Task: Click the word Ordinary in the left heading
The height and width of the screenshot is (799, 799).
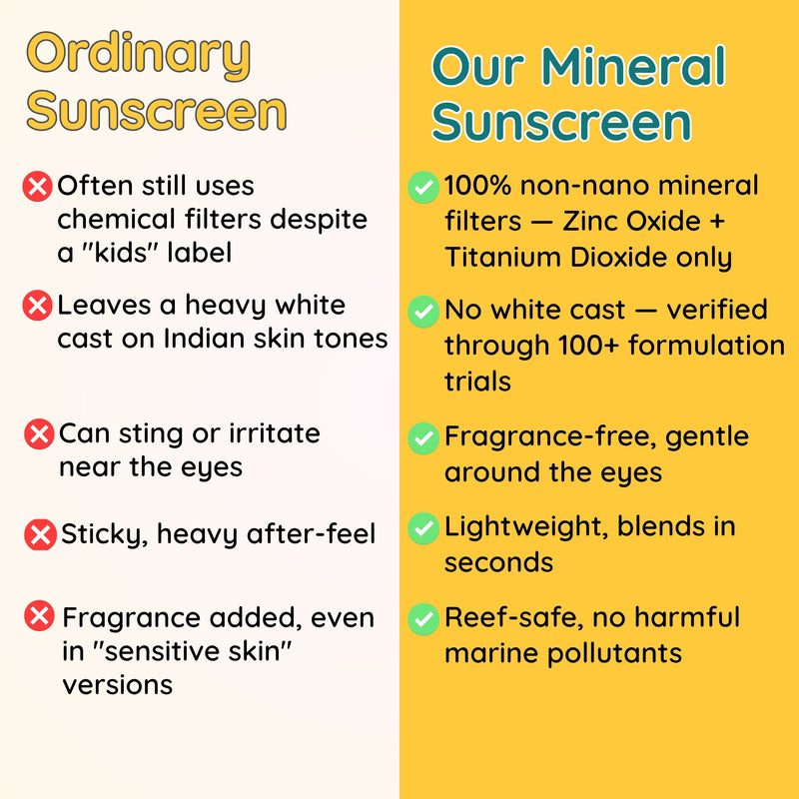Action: click(x=139, y=56)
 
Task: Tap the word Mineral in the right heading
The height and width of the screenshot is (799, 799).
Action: click(x=632, y=66)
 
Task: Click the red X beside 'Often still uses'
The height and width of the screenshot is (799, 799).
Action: click(x=37, y=187)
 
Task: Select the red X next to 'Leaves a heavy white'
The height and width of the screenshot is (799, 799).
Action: click(x=37, y=306)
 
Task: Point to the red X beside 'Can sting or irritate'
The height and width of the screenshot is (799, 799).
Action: click(x=39, y=434)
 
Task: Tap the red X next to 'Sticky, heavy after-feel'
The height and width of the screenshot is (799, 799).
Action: click(x=40, y=534)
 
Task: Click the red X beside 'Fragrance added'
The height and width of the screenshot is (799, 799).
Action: click(x=39, y=615)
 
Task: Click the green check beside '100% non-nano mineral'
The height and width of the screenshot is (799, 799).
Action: click(x=423, y=187)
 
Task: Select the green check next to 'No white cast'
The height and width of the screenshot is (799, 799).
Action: click(x=423, y=312)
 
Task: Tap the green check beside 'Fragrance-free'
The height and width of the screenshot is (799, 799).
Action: click(x=423, y=438)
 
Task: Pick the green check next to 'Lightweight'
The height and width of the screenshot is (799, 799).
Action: click(x=423, y=528)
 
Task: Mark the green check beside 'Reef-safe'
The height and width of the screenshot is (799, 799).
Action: click(x=423, y=619)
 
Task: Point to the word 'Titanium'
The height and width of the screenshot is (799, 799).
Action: click(x=503, y=258)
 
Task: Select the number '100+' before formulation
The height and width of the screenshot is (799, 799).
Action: click(x=588, y=346)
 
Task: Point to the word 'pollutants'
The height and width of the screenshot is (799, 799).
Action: click(x=614, y=654)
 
